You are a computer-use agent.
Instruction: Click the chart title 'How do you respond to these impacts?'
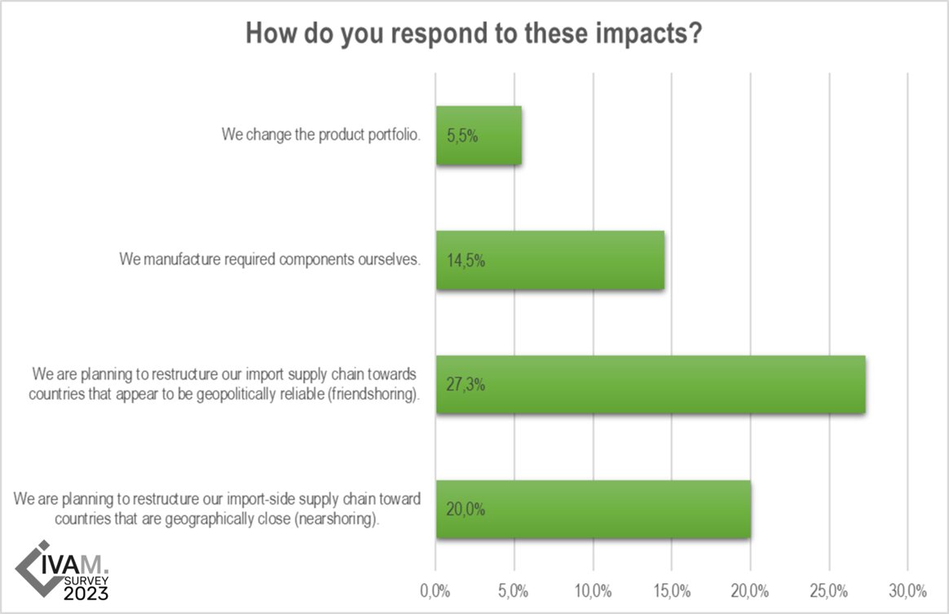(474, 35)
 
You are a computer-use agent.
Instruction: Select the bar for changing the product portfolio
(489, 136)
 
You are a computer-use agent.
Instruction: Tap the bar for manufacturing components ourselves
(571, 260)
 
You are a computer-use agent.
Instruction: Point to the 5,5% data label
(462, 136)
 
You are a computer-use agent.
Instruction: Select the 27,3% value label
(466, 385)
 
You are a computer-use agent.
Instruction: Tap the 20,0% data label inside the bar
(466, 510)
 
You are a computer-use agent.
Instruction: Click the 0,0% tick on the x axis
(436, 590)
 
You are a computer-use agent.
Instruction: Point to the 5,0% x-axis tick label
(514, 590)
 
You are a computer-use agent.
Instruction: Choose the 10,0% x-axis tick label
(593, 590)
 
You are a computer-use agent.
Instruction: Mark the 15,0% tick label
(672, 590)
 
